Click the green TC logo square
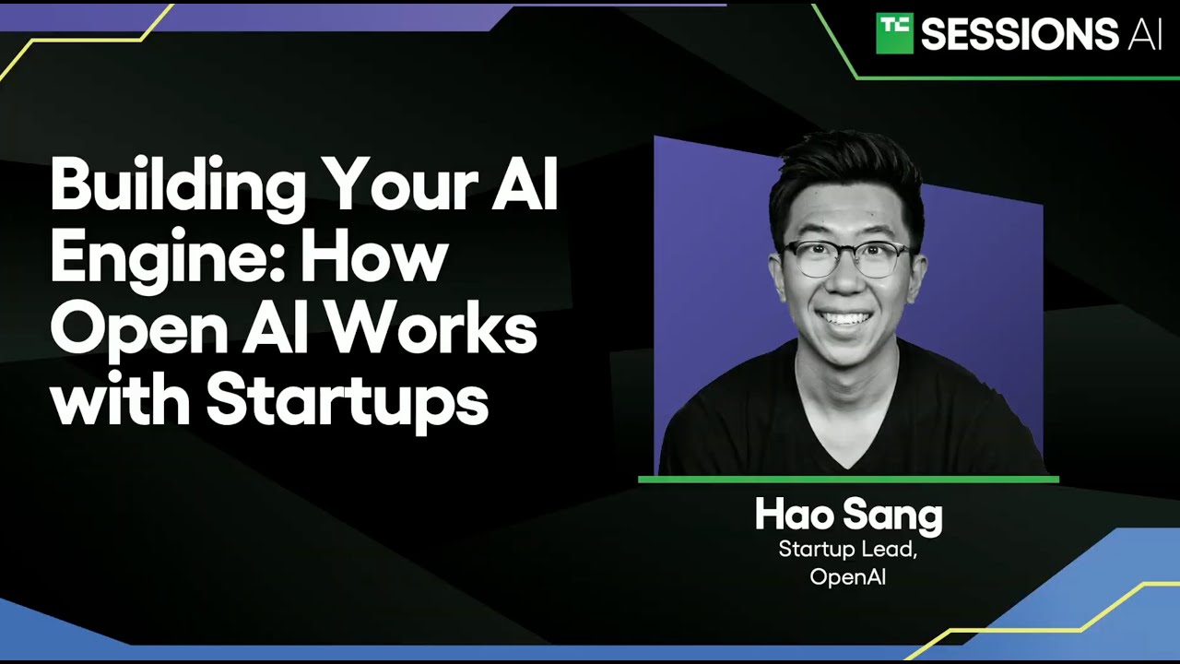(x=894, y=33)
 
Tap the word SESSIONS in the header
(x=1020, y=34)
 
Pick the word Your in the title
(x=397, y=186)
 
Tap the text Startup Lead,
(x=847, y=549)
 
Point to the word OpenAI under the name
(x=847, y=576)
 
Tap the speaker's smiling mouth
(x=844, y=319)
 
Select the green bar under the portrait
(x=849, y=480)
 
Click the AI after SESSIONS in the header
(x=1144, y=34)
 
